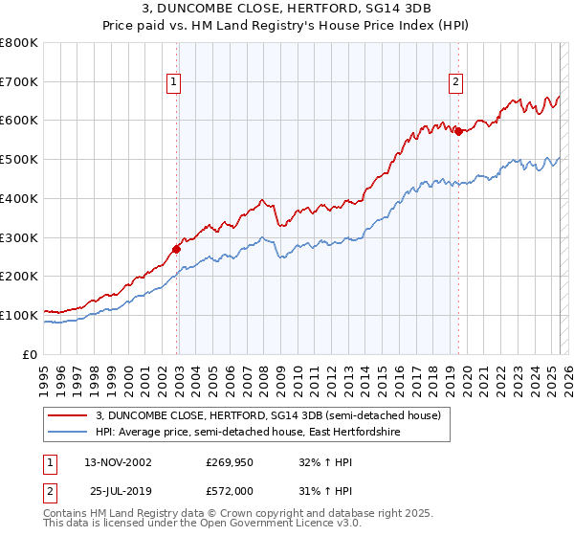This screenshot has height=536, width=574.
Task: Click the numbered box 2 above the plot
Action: [x=456, y=83]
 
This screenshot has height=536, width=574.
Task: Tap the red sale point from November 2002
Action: [x=177, y=249]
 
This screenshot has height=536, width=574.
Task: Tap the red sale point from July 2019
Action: [x=458, y=131]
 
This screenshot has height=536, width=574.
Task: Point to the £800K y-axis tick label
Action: [x=18, y=43]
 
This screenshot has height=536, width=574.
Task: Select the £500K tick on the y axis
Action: [x=18, y=160]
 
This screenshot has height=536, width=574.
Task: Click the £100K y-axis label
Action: [x=18, y=315]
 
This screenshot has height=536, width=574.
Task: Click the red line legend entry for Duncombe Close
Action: [x=268, y=415]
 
